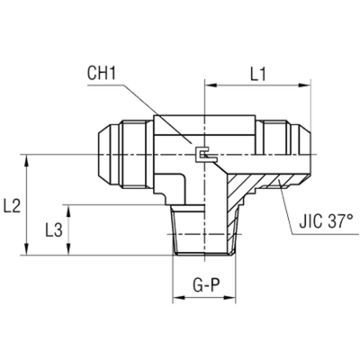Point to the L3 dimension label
[53, 230]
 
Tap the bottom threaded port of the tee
[204, 236]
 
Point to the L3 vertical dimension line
[69, 230]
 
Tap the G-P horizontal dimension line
[204, 299]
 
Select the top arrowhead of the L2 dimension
[30, 159]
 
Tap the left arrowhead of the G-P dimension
[175, 299]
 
